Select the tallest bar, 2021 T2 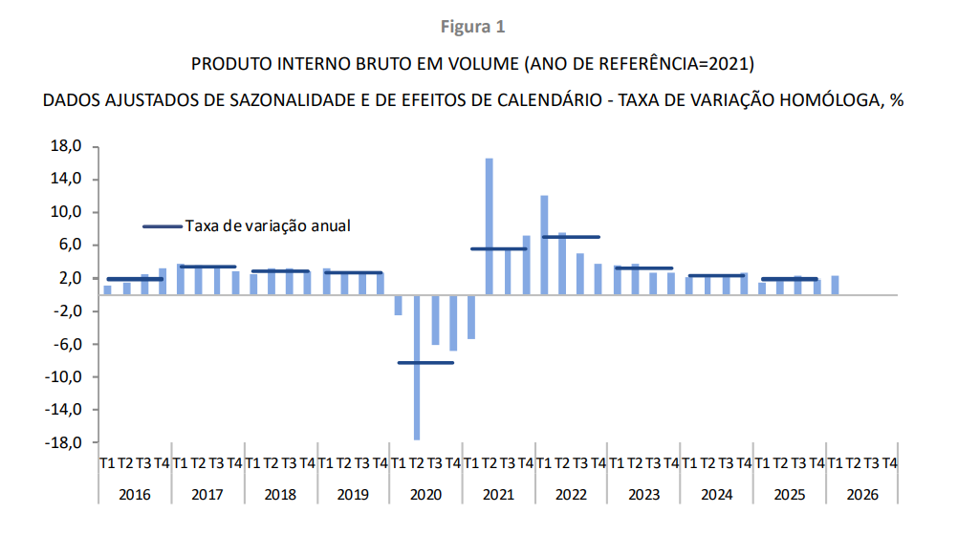pos(490,226)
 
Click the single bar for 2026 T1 pos(835,285)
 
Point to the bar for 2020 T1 pos(399,305)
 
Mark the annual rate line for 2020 pos(425,362)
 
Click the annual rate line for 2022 pos(571,237)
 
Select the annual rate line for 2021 pos(498,248)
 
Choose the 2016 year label pos(135,495)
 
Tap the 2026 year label pos(862,495)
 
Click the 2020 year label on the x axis pos(425,495)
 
